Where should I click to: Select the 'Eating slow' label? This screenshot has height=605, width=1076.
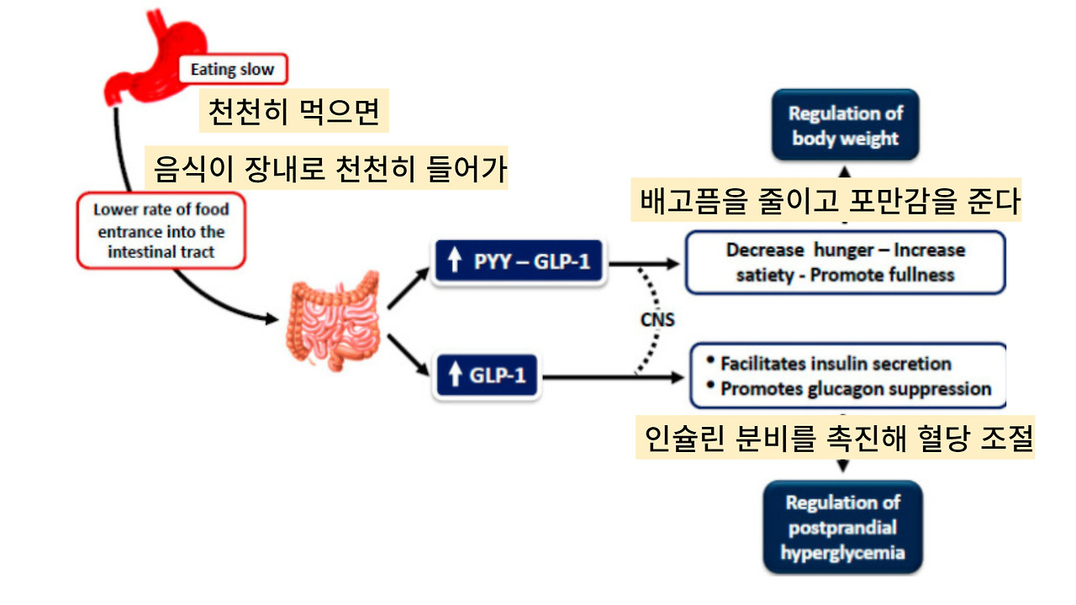(232, 69)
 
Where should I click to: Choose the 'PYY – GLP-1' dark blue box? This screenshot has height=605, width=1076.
(519, 262)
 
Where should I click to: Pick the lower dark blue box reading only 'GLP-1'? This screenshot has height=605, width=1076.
(487, 375)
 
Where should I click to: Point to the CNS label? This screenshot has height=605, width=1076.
(657, 320)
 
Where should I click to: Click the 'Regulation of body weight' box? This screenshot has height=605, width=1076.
(845, 125)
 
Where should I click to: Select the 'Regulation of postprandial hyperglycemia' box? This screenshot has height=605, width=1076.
(842, 528)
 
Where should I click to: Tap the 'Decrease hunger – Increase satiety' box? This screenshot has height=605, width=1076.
(845, 262)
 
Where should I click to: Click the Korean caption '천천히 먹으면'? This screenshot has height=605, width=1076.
(294, 112)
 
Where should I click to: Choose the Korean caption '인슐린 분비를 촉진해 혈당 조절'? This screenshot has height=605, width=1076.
(834, 438)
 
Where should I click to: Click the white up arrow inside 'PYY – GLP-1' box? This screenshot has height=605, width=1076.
(455, 262)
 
